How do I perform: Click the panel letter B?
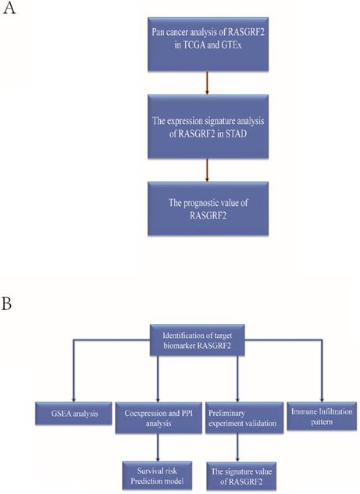pyautogui.click(x=9, y=302)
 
